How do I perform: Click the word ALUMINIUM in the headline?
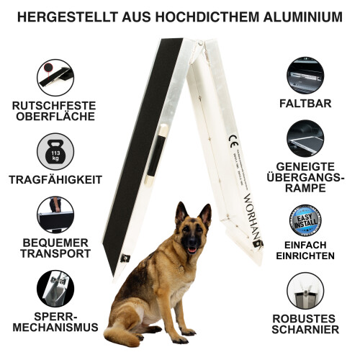pyautogui.click(x=295, y=16)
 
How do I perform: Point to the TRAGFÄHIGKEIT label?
pyautogui.click(x=55, y=180)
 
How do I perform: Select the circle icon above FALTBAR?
pyautogui.click(x=305, y=76)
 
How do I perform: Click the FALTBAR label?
pyautogui.click(x=305, y=104)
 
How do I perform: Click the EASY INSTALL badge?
pyautogui.click(x=305, y=222)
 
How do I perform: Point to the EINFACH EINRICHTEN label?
pyautogui.click(x=305, y=251)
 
